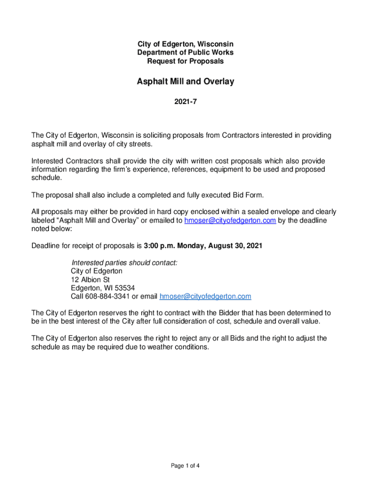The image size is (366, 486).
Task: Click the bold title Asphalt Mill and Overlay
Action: (185, 82)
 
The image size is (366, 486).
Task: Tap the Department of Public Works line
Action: (185, 53)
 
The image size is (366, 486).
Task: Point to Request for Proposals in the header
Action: (185, 61)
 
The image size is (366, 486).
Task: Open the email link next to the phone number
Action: (205, 296)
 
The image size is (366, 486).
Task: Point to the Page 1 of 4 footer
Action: (185, 465)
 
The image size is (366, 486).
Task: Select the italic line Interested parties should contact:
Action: (124, 262)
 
